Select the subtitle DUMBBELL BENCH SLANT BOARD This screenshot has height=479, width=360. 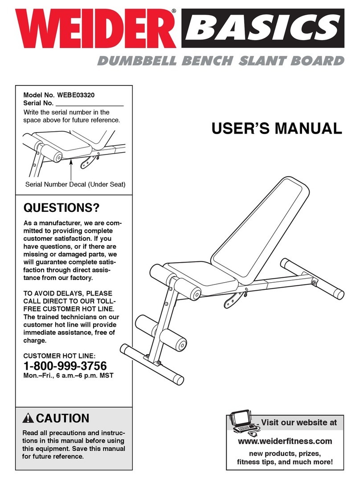[x=221, y=61]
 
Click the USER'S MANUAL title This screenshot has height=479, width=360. [x=277, y=129]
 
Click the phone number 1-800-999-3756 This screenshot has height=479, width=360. [x=65, y=366]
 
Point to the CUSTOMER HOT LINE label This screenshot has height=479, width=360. [x=59, y=356]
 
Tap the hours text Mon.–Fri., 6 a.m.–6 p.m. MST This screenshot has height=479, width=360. [x=68, y=376]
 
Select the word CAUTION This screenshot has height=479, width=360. [x=62, y=418]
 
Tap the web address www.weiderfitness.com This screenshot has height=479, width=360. [x=285, y=441]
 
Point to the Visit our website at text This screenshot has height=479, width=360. [x=299, y=422]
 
